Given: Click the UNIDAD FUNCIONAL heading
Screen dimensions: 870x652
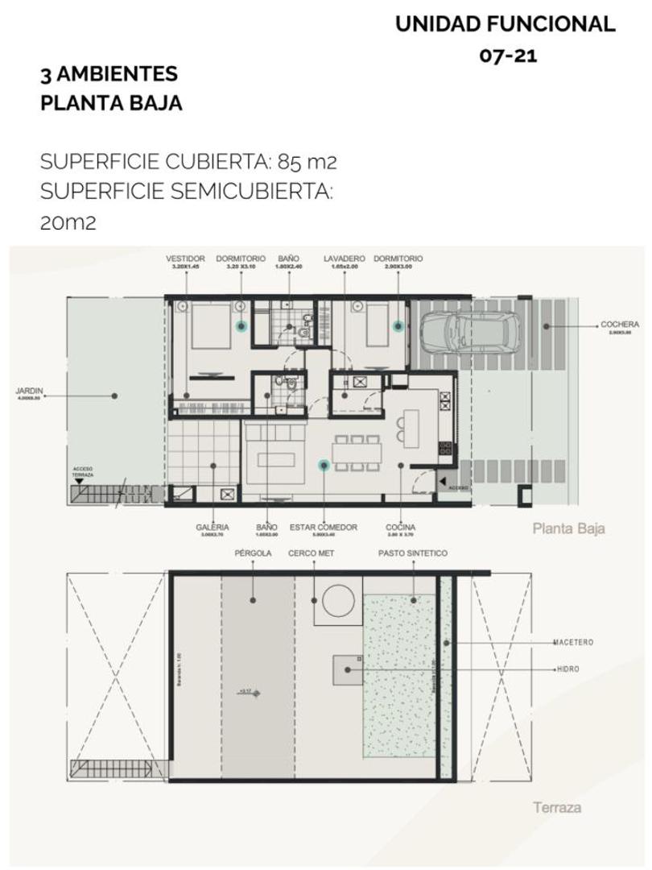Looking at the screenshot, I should pyautogui.click(x=506, y=25).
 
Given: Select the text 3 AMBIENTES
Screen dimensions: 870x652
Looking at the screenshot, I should pyautogui.click(x=109, y=75).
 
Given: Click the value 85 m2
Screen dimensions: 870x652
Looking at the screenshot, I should pyautogui.click(x=307, y=162).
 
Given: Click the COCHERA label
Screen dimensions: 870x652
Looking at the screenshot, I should pyautogui.click(x=620, y=325).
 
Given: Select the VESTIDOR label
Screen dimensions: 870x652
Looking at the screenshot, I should pyautogui.click(x=185, y=259).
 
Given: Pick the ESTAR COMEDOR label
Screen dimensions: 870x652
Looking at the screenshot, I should pyautogui.click(x=324, y=528).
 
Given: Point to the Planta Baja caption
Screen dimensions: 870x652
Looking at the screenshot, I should pyautogui.click(x=568, y=529).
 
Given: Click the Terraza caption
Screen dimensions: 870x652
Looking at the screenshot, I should pyautogui.click(x=556, y=807).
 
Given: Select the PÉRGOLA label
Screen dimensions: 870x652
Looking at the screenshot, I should pyautogui.click(x=253, y=553).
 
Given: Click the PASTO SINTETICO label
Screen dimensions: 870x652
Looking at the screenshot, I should pyautogui.click(x=412, y=553).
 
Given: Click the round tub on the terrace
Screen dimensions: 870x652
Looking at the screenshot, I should pyautogui.click(x=338, y=600).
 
